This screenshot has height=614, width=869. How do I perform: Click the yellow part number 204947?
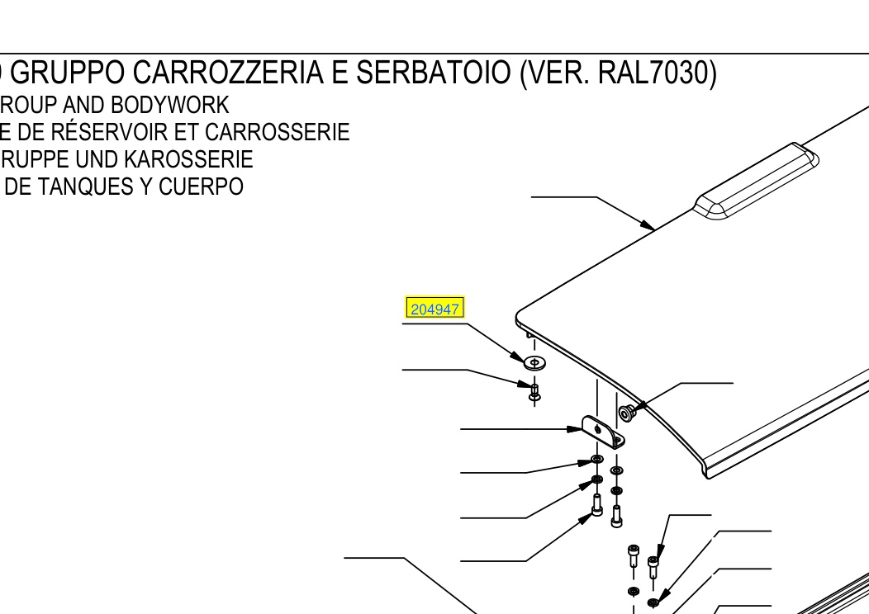(x=435, y=309)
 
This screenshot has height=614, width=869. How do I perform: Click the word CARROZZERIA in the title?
(x=228, y=73)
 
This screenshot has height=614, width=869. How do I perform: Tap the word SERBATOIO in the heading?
(x=433, y=73)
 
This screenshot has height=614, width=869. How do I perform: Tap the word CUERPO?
(x=201, y=187)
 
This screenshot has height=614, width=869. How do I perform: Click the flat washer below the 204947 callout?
(x=534, y=362)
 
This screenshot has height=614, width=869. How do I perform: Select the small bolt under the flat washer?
(x=534, y=391)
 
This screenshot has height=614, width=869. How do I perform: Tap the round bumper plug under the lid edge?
(x=625, y=413)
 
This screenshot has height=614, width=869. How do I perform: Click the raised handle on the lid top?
(x=756, y=181)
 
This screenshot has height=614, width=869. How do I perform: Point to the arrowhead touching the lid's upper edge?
(x=648, y=224)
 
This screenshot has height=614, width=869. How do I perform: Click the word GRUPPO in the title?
(x=68, y=73)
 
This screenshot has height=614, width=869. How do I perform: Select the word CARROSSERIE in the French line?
(x=277, y=132)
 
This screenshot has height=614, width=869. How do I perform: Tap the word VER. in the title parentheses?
(x=556, y=73)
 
